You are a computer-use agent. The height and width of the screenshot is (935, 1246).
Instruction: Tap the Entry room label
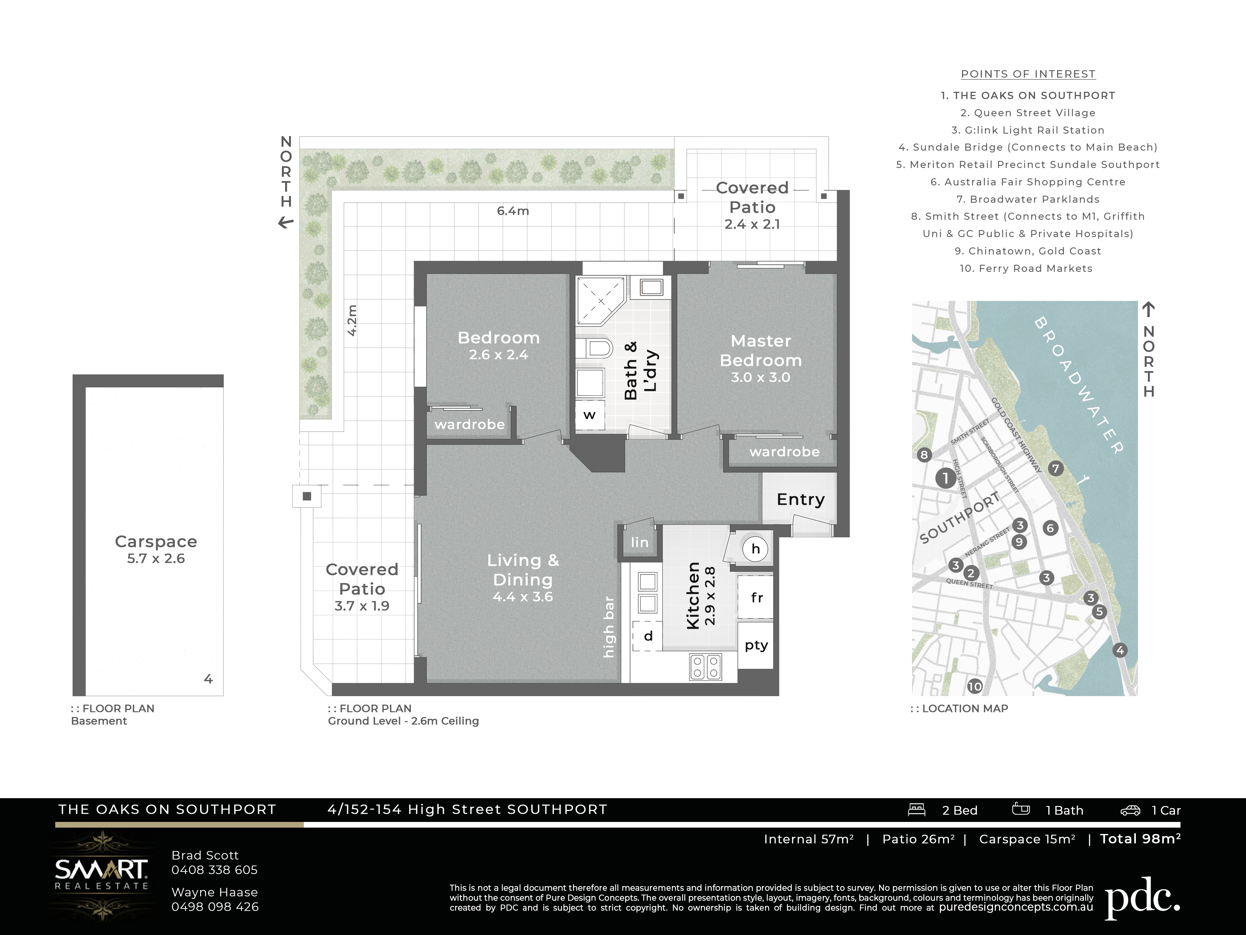[x=800, y=499]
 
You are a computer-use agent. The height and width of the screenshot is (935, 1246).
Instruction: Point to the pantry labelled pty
[x=755, y=645]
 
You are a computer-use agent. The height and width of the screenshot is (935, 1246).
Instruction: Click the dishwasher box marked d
[x=648, y=636]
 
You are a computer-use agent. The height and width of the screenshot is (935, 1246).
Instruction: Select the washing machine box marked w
[x=590, y=415]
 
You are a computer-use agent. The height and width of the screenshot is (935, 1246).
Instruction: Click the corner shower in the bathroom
[x=600, y=301]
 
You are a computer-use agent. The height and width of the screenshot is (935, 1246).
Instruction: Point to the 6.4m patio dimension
[x=512, y=211]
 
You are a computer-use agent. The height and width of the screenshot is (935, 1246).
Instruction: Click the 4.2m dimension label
[x=351, y=320]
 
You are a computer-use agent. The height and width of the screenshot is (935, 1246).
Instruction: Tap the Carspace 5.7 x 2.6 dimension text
[x=156, y=559]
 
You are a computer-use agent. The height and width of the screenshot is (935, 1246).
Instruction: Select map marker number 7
[x=1055, y=468]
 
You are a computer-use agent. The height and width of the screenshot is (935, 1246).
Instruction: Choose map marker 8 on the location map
[x=924, y=455]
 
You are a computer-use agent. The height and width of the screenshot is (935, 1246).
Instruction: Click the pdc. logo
[x=1142, y=897]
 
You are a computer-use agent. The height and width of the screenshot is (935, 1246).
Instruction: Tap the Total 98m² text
[x=1140, y=839]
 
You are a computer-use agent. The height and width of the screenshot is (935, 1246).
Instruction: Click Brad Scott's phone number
[x=215, y=870]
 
